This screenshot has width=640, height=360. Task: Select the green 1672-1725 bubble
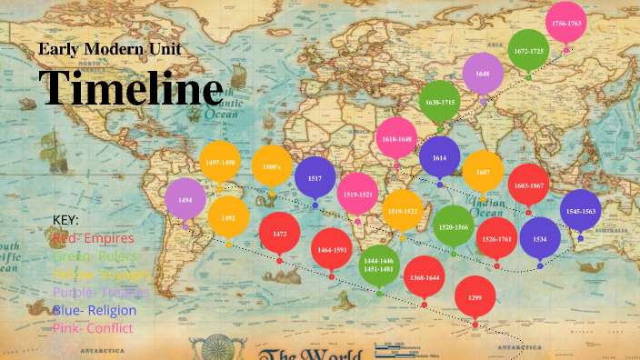click(x=529, y=51)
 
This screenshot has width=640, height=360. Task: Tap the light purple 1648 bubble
click(x=483, y=74)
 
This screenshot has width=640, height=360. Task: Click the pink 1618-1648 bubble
click(x=396, y=138)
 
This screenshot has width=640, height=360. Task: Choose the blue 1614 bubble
click(x=440, y=156)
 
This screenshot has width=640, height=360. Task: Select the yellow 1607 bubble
click(x=483, y=171)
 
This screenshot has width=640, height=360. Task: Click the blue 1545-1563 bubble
click(x=581, y=210)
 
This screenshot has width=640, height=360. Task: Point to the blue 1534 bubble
click(x=540, y=238)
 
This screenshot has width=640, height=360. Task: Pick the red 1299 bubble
click(x=475, y=297)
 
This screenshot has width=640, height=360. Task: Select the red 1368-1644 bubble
click(x=424, y=277)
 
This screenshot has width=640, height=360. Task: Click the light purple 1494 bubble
click(x=185, y=199)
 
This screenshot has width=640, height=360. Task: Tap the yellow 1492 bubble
click(x=228, y=217)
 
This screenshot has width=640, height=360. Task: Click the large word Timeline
click(x=131, y=88)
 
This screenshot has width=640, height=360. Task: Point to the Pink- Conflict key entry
click(x=93, y=327)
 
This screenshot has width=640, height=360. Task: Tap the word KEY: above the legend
click(x=66, y=221)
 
